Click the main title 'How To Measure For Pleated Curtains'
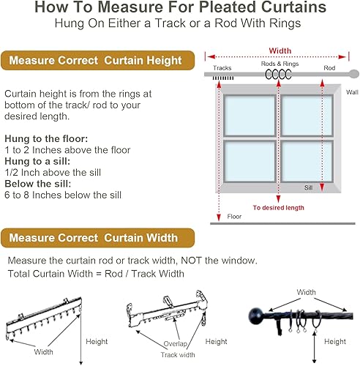click(180, 9)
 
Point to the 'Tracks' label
click(222, 67)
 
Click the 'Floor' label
click(234, 217)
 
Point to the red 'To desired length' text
click(278, 207)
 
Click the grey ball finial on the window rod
click(354, 74)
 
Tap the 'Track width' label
click(179, 354)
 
